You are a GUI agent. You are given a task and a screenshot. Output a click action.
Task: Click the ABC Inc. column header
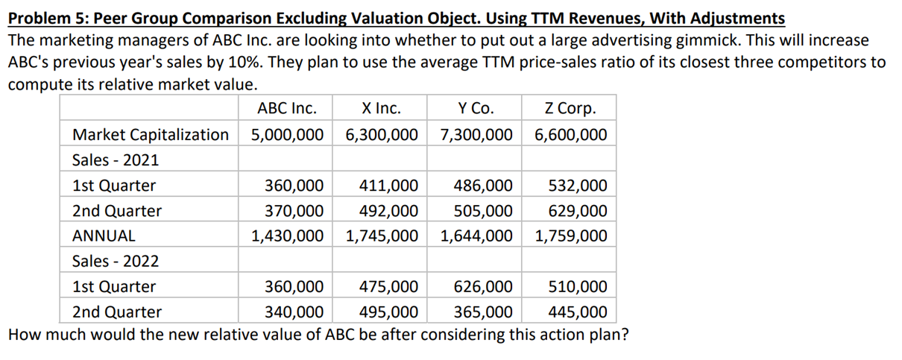(286, 109)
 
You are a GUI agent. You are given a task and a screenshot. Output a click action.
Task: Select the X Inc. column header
(380, 109)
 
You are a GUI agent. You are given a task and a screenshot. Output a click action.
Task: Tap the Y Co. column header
(475, 109)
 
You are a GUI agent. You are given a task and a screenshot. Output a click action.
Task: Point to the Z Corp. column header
(570, 109)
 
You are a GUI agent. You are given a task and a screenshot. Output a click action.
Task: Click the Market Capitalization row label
(150, 135)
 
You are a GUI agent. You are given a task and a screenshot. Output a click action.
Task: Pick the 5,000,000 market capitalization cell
(287, 135)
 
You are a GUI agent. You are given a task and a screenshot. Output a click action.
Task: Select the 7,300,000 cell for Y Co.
(476, 135)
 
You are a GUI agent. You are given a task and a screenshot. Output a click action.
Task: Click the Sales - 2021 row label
(115, 160)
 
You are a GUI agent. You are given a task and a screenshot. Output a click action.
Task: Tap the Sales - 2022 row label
(115, 262)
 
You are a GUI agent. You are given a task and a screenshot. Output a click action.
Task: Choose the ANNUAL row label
(104, 236)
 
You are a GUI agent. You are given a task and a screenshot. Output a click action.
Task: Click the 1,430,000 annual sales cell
(287, 236)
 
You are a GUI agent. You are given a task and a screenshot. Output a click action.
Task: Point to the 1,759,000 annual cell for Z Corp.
(570, 236)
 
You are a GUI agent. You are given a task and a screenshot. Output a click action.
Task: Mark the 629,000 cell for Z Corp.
(577, 211)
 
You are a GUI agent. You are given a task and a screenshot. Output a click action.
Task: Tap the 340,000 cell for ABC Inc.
(294, 312)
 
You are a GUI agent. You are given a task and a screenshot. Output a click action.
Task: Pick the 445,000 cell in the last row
(577, 312)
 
